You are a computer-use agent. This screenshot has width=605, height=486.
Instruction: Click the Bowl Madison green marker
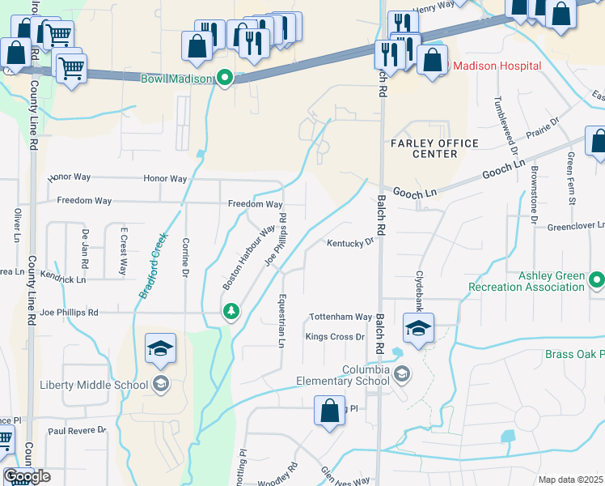(226, 79)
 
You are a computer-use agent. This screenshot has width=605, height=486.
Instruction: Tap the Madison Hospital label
(489, 65)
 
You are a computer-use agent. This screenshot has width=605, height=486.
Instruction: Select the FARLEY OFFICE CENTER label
(434, 148)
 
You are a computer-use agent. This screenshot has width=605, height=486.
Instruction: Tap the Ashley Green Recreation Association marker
(597, 281)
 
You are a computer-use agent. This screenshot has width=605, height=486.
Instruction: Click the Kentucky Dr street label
(350, 242)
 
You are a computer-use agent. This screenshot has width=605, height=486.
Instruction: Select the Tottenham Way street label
(341, 317)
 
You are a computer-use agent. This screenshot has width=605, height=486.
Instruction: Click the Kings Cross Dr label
(336, 336)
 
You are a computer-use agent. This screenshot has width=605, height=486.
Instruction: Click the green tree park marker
(231, 311)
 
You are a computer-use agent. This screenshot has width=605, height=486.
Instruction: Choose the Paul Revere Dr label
(77, 431)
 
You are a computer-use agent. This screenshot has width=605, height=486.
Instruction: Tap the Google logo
(27, 476)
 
